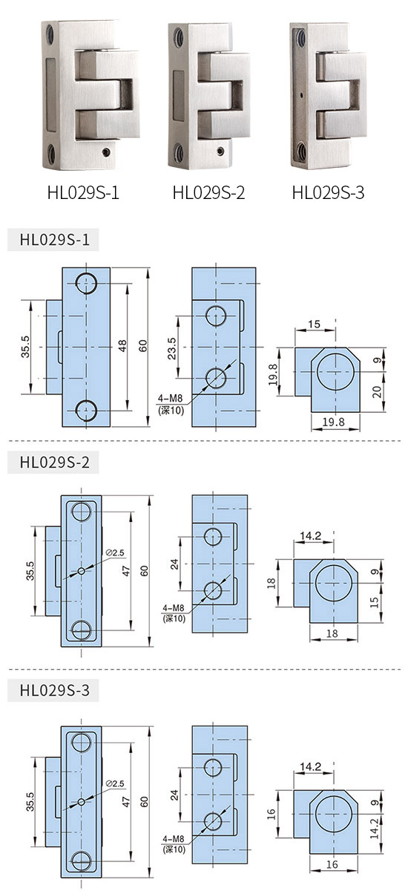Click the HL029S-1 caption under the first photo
pos(83,192)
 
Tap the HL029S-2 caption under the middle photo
pos(208,192)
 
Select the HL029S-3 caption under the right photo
pos(328,192)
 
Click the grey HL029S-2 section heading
pos(54,462)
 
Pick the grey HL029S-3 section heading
pos(54,690)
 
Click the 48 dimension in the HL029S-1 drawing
pos(122,346)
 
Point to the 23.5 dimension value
pos(171,348)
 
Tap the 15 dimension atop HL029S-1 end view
pos(314,324)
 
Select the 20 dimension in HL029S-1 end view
pos(377,392)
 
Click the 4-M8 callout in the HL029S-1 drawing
pos(171,398)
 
